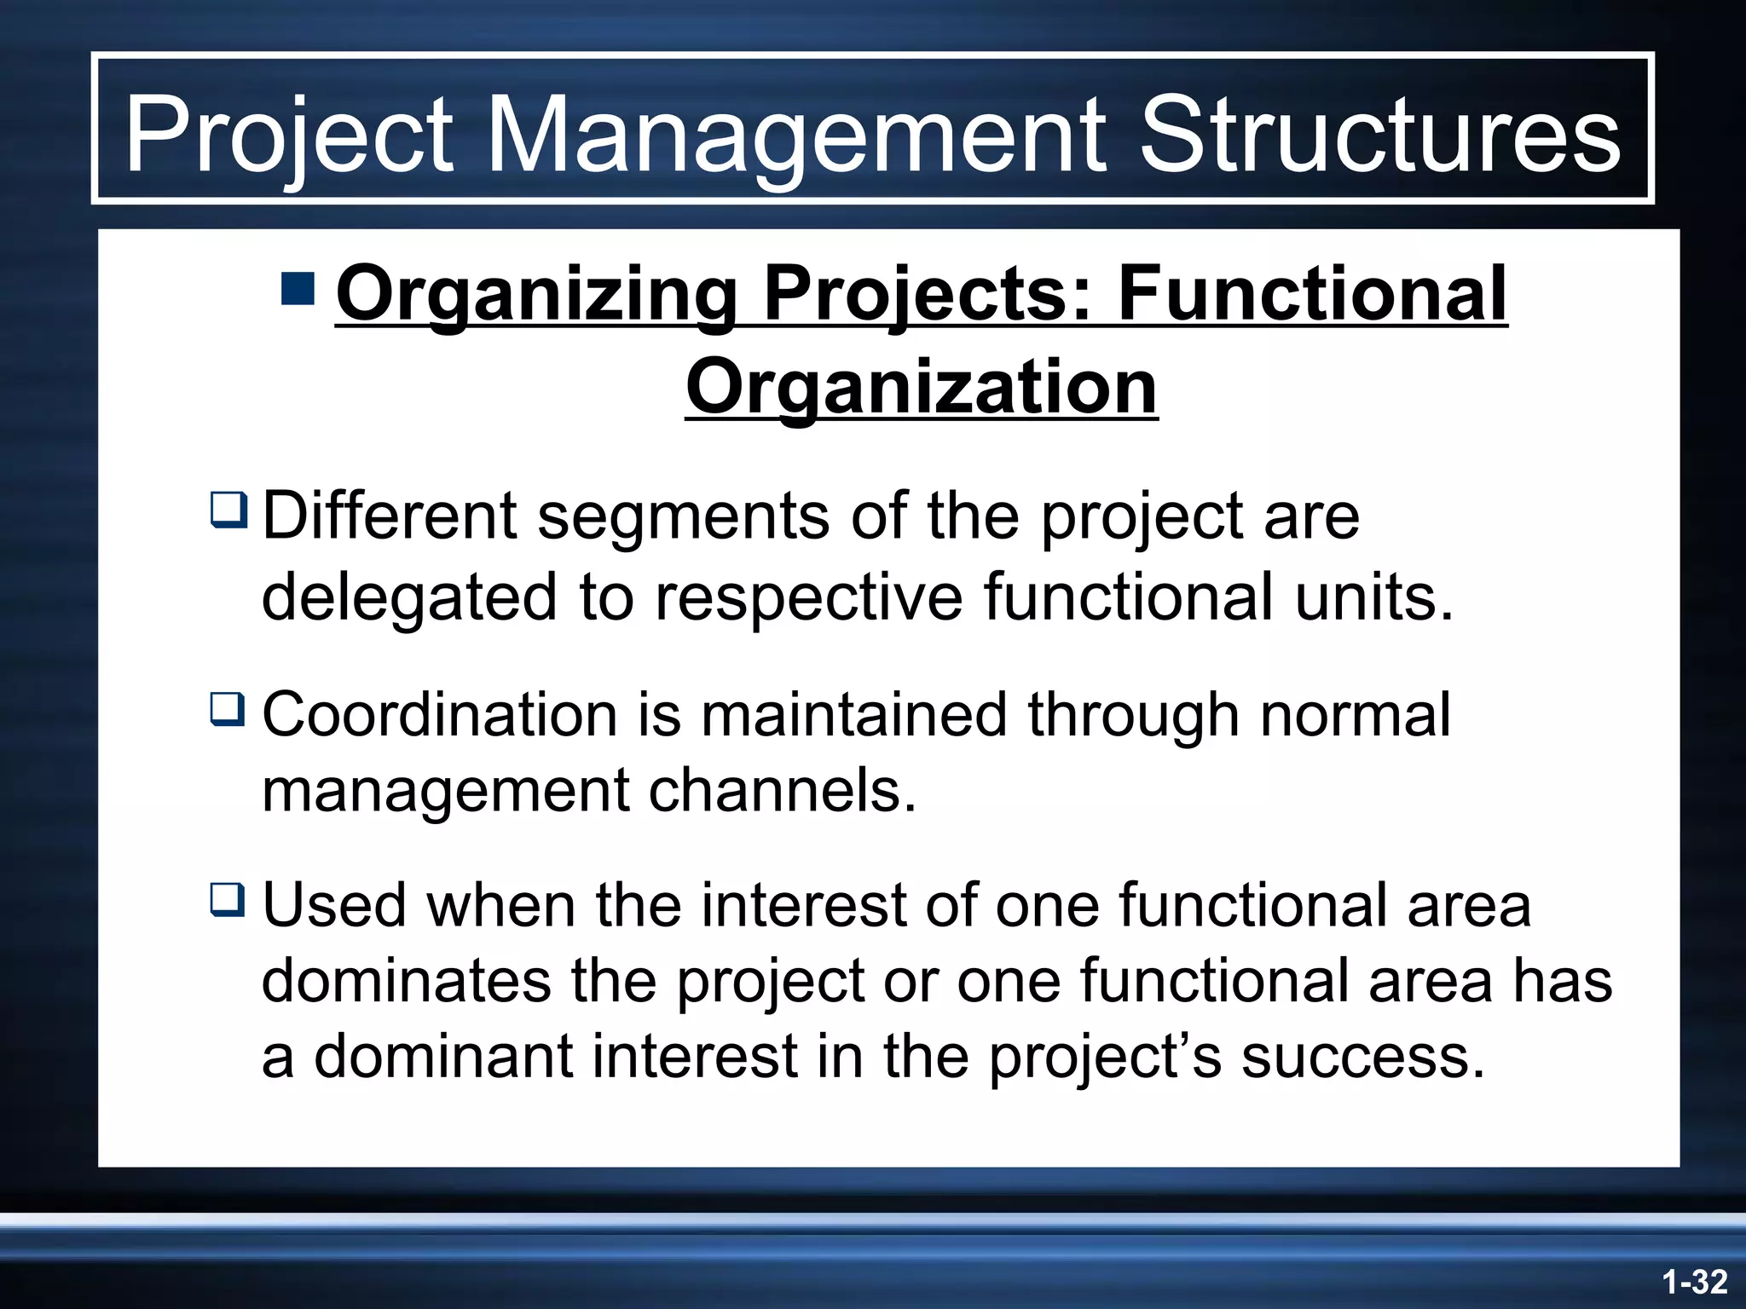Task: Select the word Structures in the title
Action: click(1379, 135)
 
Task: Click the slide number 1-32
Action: click(1694, 1282)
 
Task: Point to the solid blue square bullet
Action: click(298, 289)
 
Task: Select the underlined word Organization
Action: click(921, 388)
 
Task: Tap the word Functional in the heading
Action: click(1312, 294)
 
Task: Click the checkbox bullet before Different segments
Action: click(228, 509)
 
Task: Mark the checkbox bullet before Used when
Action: click(228, 900)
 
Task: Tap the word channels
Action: click(782, 791)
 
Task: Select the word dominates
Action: click(406, 981)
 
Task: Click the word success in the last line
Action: click(1362, 1057)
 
